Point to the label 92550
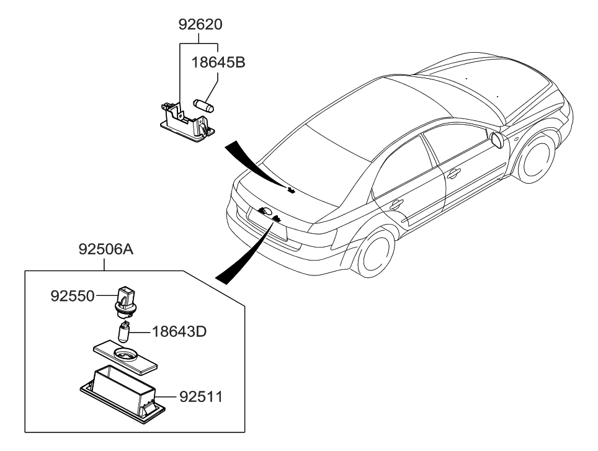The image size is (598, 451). pos(73,297)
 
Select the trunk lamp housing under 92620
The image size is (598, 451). pos(185,123)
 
